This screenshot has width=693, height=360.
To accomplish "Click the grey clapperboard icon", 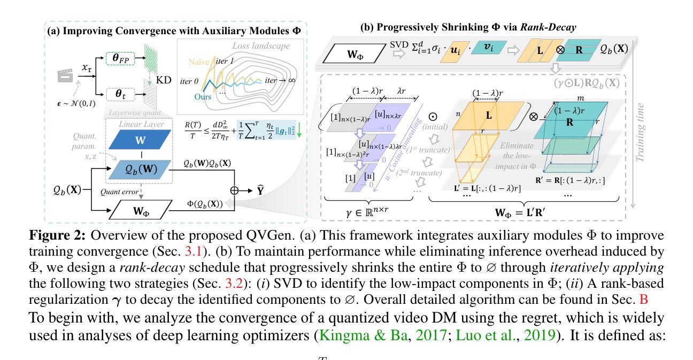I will point(65,76).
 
